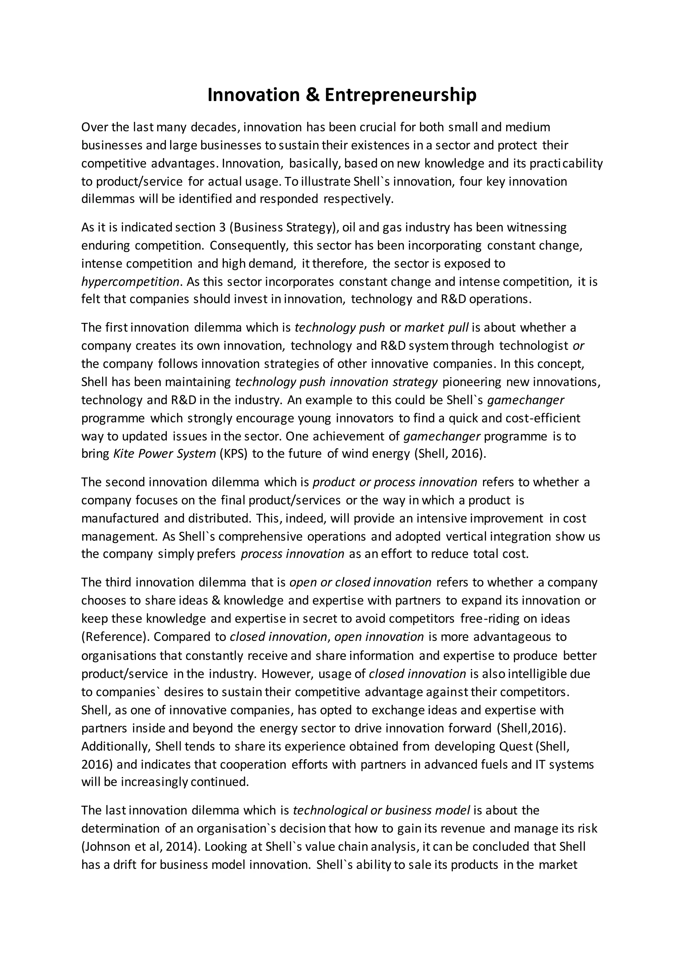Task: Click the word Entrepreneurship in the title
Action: [x=400, y=95]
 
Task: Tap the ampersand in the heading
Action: [x=314, y=95]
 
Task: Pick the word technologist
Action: [x=533, y=346]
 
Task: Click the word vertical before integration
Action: [x=467, y=536]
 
